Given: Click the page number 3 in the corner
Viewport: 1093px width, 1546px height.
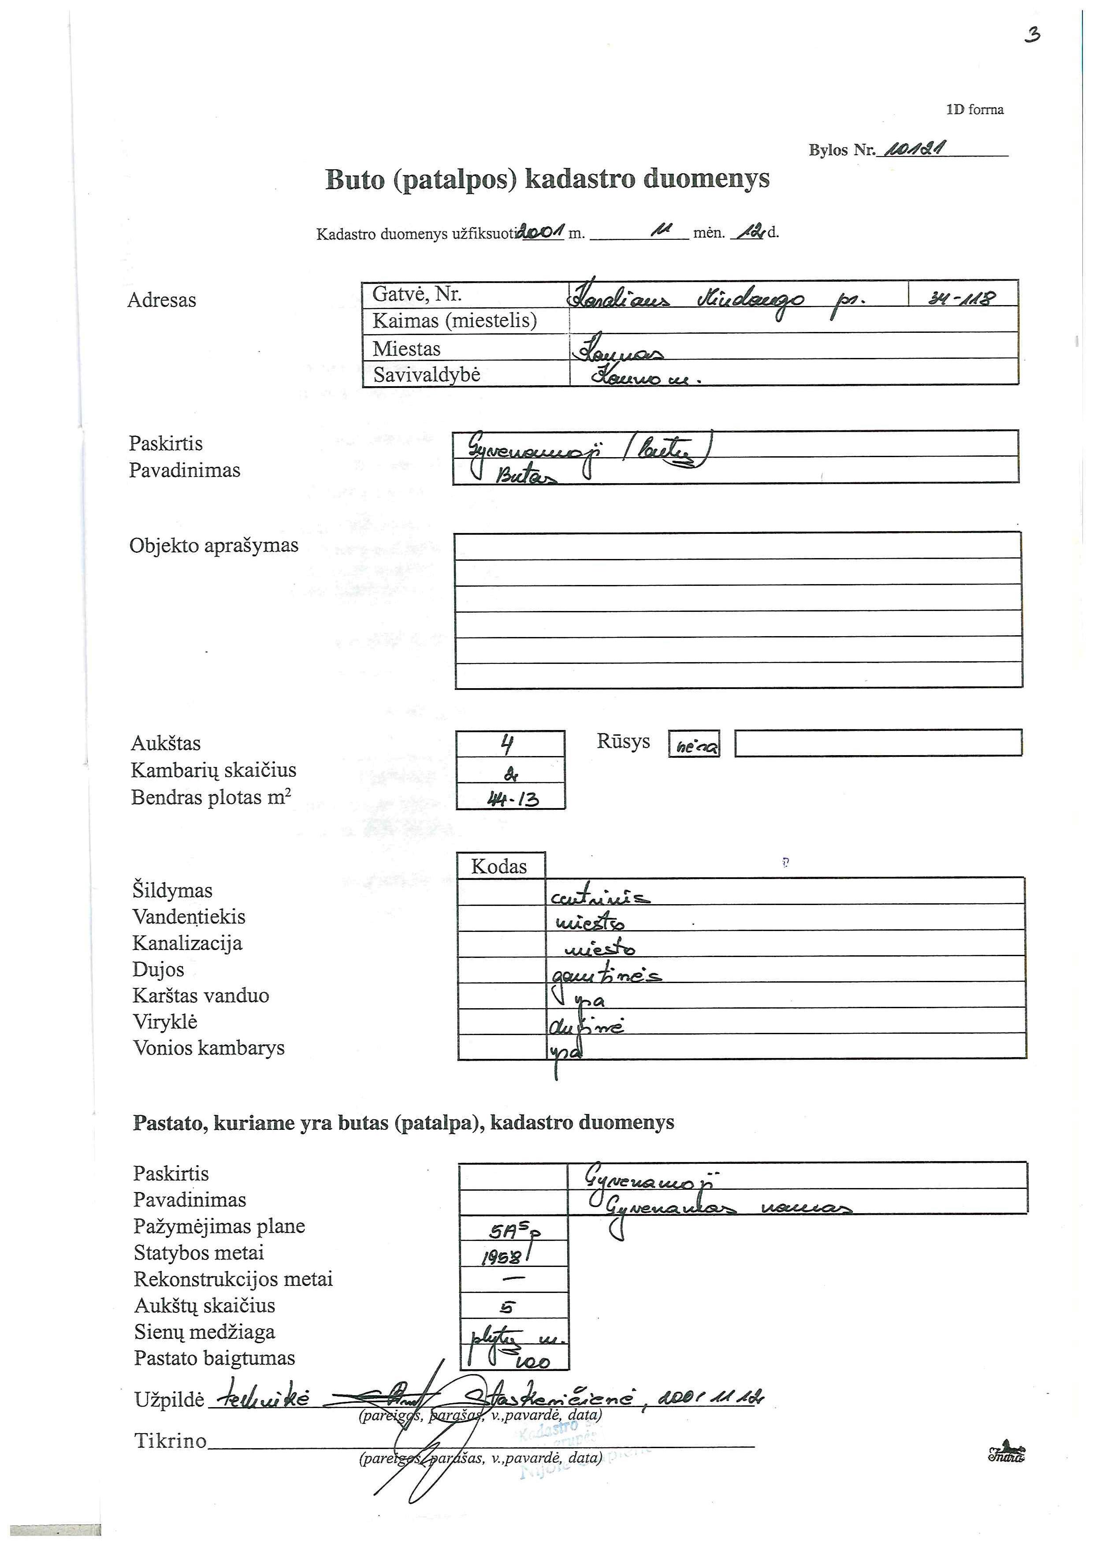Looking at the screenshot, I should [x=1032, y=35].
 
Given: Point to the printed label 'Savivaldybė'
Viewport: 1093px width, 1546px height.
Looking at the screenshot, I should [x=427, y=374].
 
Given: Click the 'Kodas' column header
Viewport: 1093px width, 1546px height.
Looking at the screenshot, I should [x=499, y=866].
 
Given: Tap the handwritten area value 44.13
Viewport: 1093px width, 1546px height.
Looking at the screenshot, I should [x=512, y=799].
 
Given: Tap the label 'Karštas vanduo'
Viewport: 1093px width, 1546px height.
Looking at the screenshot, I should [x=201, y=995].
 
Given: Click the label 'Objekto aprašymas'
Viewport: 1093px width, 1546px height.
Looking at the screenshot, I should [x=213, y=545].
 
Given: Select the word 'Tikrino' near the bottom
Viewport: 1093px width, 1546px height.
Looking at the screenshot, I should [x=170, y=1441].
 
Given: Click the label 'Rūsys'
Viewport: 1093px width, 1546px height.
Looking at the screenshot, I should [x=623, y=741].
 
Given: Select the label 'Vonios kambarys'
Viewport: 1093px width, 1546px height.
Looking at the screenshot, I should [x=208, y=1048].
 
